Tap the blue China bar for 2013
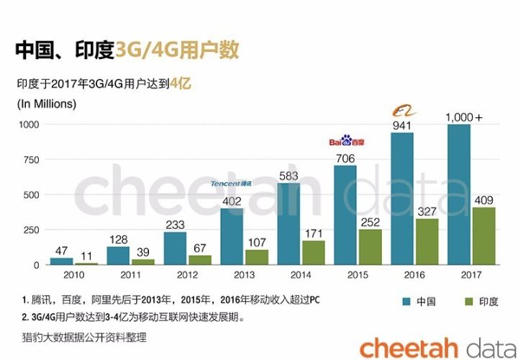(232, 237)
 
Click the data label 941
(402, 125)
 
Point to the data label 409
(483, 199)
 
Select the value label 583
(288, 175)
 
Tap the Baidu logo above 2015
(346, 141)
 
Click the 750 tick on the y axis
(28, 159)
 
